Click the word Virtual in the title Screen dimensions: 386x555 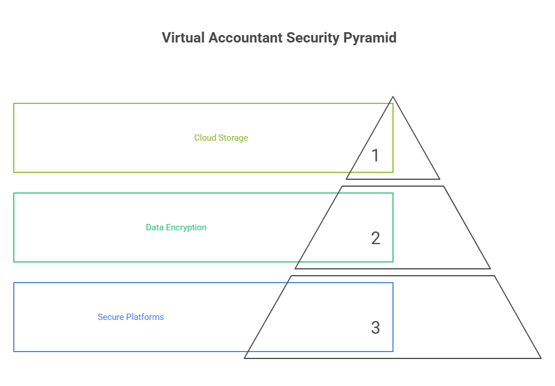(180, 38)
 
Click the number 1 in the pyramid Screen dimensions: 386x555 (375, 155)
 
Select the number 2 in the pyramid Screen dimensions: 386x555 (375, 238)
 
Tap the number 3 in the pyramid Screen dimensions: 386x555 (375, 327)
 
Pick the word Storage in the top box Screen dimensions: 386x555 (234, 138)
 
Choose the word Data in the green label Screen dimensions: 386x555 (155, 227)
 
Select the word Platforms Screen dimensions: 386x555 (145, 317)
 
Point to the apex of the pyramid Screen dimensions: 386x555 (393, 97)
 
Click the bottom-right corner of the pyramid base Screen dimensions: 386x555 (540, 358)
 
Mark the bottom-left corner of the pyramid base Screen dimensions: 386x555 (245, 358)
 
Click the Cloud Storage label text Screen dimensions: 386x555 (221, 138)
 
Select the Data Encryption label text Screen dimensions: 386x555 (176, 227)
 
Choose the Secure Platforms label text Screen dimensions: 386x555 (130, 317)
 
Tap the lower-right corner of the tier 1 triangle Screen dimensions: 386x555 (440, 179)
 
